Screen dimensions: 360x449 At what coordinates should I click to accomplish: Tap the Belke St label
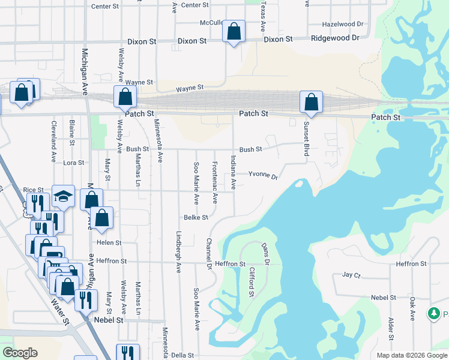click(196, 217)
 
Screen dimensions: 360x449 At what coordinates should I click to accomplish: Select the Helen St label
click(109, 243)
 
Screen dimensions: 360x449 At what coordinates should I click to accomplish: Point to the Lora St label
click(74, 163)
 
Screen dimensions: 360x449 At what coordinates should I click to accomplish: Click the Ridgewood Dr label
click(334, 37)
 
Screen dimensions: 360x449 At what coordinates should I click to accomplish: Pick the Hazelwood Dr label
click(343, 25)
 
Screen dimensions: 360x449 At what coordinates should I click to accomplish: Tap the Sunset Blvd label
click(306, 139)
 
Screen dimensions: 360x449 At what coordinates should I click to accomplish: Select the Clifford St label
click(252, 281)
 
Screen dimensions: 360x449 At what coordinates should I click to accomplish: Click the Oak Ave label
click(412, 308)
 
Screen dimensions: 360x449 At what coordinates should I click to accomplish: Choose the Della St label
click(182, 355)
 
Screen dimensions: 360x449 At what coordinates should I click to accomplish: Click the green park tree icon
click(433, 313)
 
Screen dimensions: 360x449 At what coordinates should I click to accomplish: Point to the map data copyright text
click(411, 355)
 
